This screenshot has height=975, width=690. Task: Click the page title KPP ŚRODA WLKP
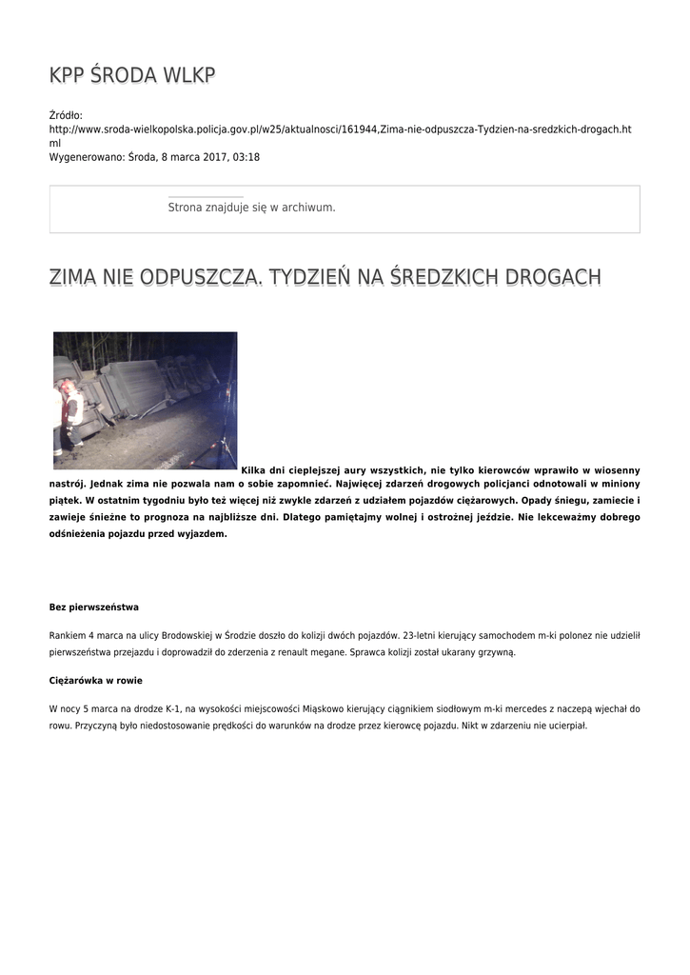pos(132,76)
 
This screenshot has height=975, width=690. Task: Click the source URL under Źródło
pos(339,129)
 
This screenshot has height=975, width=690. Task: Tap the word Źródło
pos(66,115)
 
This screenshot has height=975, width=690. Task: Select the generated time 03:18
pos(246,157)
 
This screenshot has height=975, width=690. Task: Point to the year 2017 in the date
pos(209,157)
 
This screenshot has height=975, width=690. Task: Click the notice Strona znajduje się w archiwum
pos(251,207)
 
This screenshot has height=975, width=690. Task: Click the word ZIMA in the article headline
pos(75,278)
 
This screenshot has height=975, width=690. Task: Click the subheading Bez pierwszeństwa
pos(94,607)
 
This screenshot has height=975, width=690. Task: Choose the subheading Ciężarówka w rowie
pos(95,681)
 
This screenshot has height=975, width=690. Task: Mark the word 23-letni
pos(422,634)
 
